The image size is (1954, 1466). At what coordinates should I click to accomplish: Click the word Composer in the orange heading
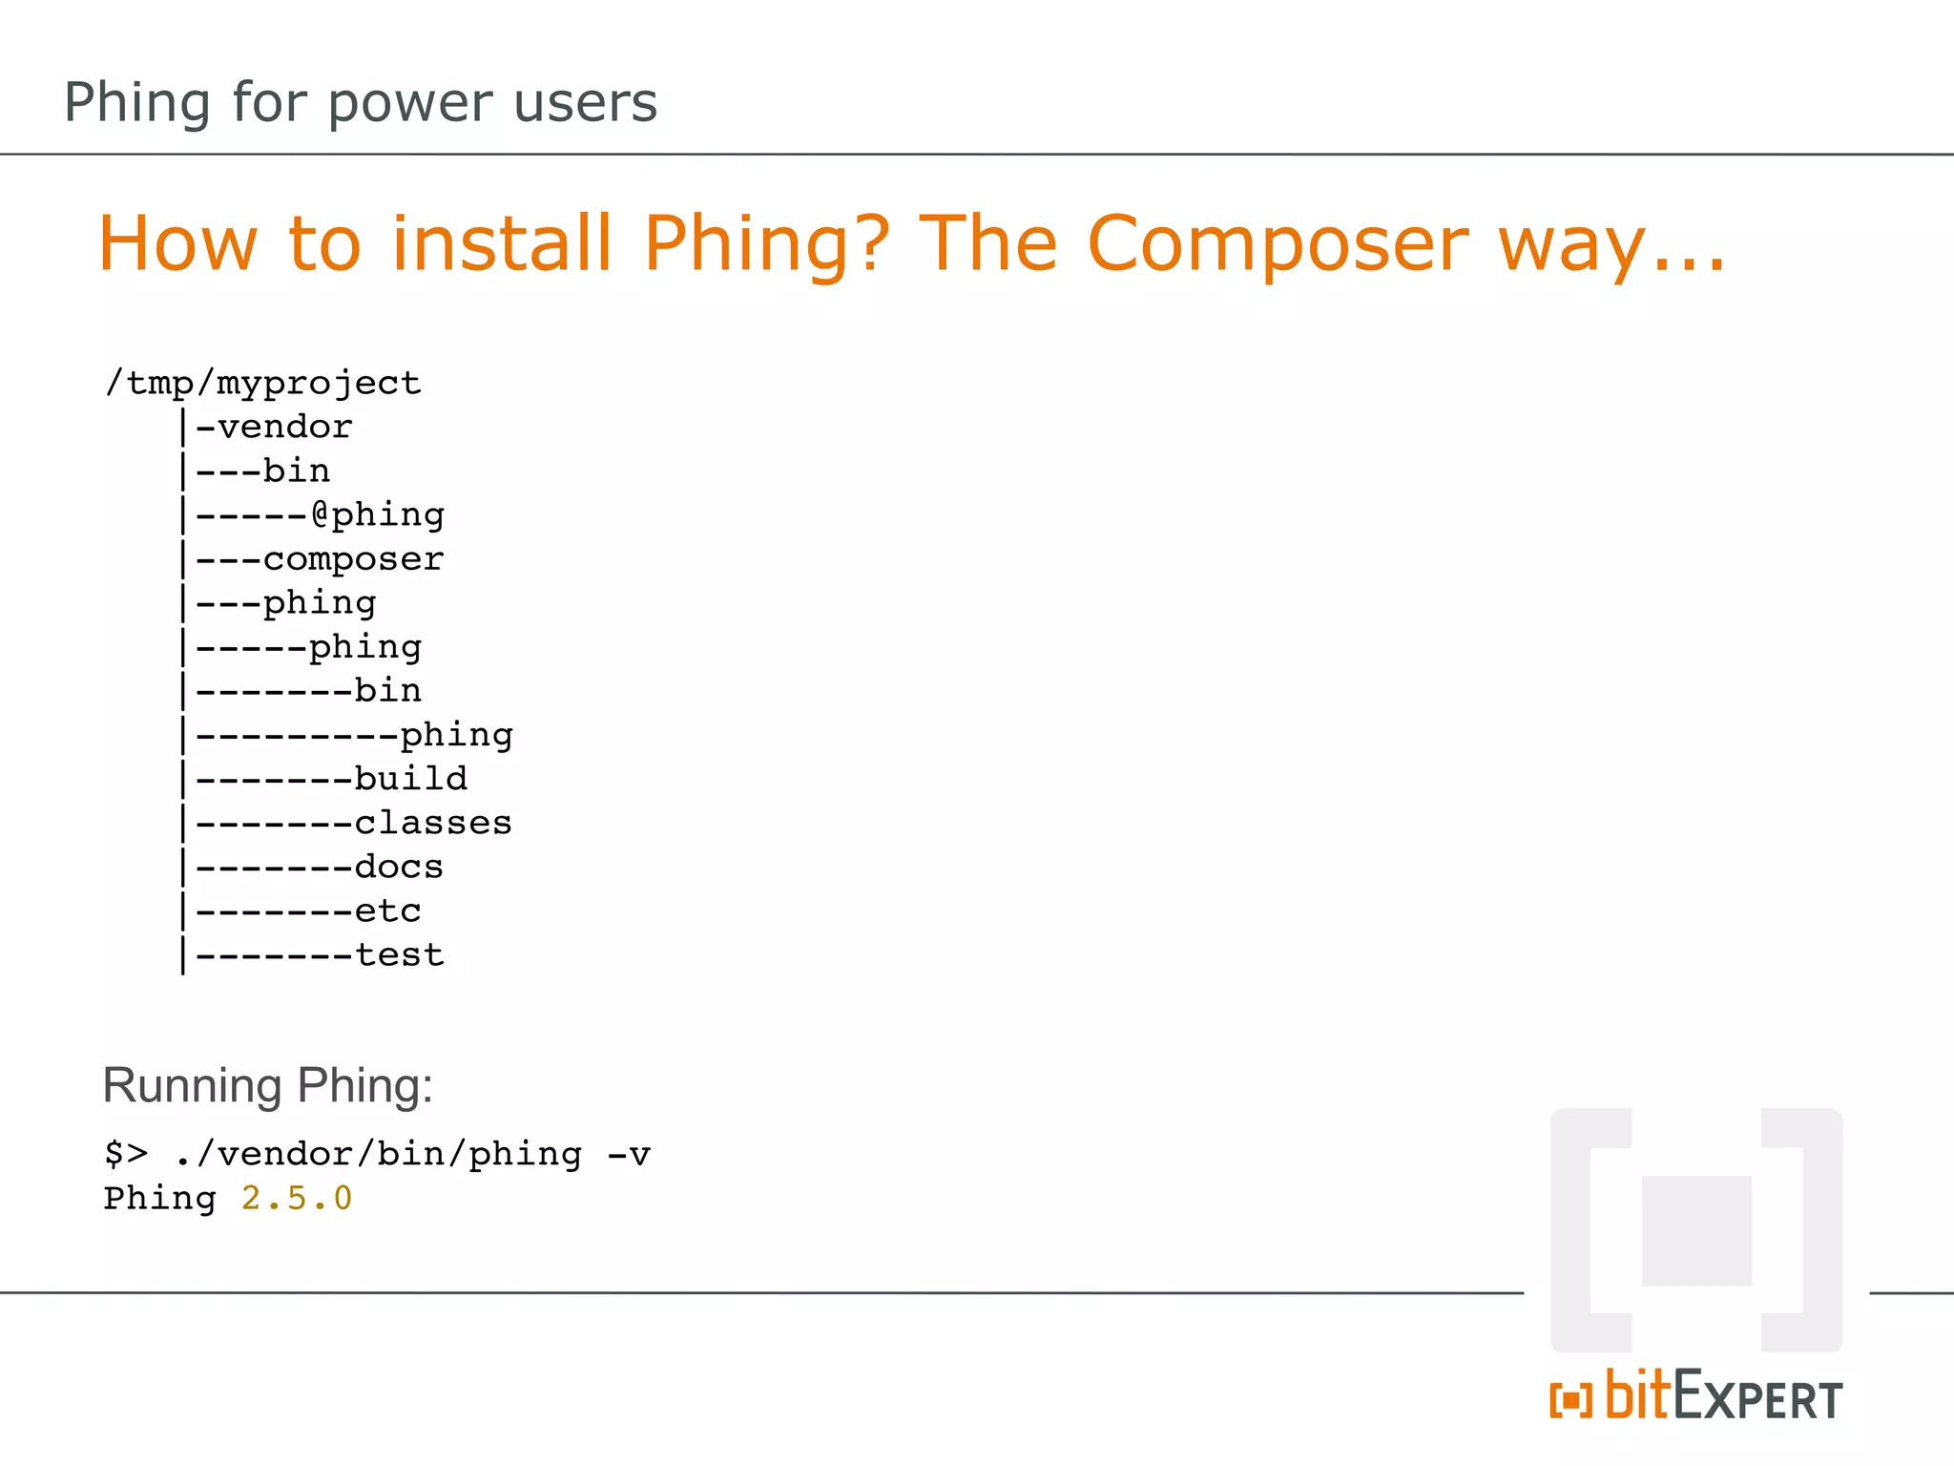[x=1278, y=245]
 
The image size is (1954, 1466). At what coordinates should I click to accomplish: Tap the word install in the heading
[x=502, y=243]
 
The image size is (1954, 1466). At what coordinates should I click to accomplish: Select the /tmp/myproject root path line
[x=262, y=383]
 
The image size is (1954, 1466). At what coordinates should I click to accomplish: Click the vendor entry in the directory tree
[x=284, y=427]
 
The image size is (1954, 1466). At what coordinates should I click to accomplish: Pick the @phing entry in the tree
[x=378, y=514]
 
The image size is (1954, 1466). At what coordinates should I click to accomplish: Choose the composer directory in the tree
[x=353, y=558]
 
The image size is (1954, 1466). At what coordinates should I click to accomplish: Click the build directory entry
[x=410, y=778]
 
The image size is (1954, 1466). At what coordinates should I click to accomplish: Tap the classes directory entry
[x=433, y=822]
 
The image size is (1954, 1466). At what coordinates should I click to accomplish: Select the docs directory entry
[x=399, y=867]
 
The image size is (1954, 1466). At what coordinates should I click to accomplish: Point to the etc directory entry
[x=387, y=911]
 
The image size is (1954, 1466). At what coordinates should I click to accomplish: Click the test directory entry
[x=399, y=954]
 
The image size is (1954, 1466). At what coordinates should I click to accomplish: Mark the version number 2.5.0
[x=297, y=1198]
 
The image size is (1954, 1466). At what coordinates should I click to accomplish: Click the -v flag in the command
[x=629, y=1154]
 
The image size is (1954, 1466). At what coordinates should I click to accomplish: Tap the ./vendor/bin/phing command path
[x=378, y=1154]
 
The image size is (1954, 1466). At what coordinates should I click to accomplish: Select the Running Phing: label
[x=267, y=1085]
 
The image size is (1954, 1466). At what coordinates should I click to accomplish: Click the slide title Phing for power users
[x=361, y=102]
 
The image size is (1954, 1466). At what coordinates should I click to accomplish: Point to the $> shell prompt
[x=126, y=1154]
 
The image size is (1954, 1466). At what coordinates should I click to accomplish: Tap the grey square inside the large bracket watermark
[x=1696, y=1230]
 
